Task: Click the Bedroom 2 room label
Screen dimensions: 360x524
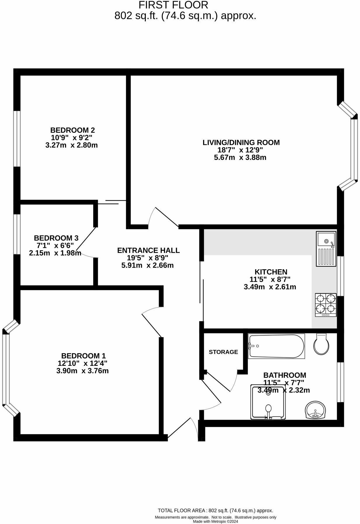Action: (72, 130)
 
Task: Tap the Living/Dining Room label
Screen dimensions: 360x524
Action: (241, 142)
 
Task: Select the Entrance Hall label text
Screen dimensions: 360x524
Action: (148, 250)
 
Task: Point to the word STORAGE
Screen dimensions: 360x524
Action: (223, 352)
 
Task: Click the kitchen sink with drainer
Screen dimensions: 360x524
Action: (326, 249)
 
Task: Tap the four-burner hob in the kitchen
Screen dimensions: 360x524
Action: (326, 305)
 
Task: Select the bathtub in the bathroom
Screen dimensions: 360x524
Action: (276, 346)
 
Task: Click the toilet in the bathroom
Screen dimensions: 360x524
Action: (321, 344)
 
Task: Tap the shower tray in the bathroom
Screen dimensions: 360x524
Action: (268, 402)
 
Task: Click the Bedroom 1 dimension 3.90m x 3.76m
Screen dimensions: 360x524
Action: (82, 371)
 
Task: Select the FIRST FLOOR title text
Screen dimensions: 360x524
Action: (173, 5)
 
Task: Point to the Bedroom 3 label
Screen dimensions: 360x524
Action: (56, 238)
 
